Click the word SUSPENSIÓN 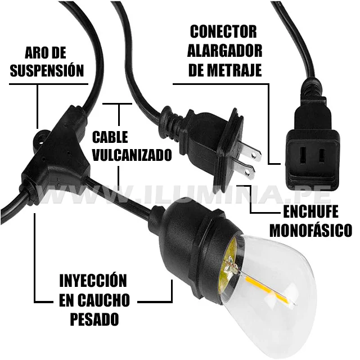(47, 71)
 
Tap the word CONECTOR (223, 31)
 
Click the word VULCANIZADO (132, 155)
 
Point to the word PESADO (94, 319)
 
